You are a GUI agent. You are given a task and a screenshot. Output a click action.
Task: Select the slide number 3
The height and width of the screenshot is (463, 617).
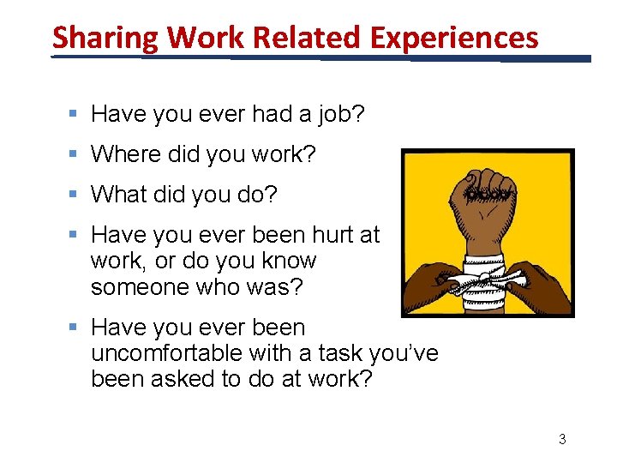click(x=562, y=439)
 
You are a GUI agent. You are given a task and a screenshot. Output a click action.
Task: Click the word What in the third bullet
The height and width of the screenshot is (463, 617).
click(x=119, y=195)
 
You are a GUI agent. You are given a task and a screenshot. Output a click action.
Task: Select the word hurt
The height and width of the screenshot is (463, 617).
click(x=331, y=235)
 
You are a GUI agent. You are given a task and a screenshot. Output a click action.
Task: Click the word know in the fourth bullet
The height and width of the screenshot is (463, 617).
click(x=288, y=261)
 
